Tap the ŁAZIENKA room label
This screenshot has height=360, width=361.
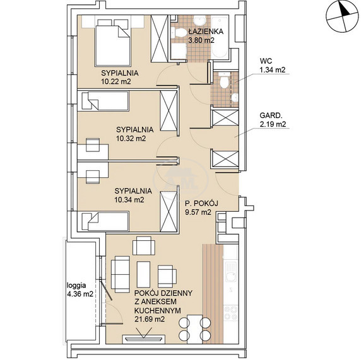206,32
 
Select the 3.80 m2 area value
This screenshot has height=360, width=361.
201,40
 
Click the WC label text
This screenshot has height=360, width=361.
266,61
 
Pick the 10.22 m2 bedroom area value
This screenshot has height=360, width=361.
116,81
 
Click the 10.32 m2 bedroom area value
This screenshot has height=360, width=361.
131,139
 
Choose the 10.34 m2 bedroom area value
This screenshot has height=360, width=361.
129,200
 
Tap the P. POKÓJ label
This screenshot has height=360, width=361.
202,204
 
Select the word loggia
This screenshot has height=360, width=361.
76,286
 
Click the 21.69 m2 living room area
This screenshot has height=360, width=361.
150,319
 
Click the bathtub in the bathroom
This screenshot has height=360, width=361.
220,37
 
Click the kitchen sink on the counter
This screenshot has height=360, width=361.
231,272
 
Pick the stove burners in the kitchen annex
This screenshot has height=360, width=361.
231,313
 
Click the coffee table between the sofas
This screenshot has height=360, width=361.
143,274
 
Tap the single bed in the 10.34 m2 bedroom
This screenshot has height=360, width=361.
105,221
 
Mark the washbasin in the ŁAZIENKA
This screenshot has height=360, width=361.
200,21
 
